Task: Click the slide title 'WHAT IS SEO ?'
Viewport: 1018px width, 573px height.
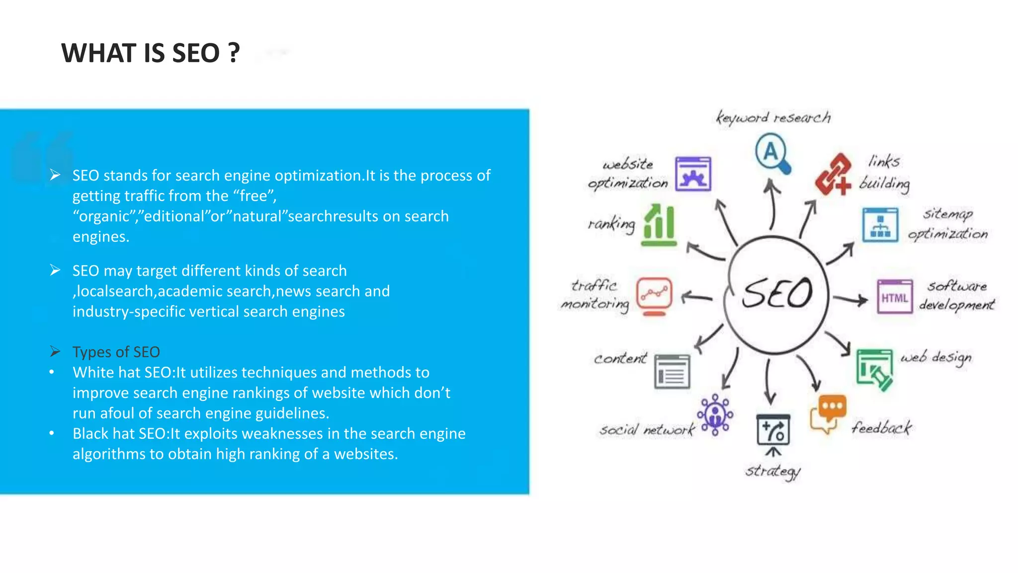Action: point(150,53)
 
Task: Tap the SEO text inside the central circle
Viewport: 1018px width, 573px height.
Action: point(777,293)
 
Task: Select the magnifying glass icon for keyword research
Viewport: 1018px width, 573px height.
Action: point(772,153)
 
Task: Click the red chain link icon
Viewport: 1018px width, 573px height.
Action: point(833,175)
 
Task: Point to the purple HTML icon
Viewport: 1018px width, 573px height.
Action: point(895,297)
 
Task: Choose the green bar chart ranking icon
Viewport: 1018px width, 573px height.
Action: point(659,226)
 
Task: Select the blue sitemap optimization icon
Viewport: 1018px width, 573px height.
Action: point(880,225)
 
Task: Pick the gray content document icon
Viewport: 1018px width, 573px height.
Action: point(672,372)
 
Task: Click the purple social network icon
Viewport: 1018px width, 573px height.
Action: point(715,415)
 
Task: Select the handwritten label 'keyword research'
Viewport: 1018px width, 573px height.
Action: point(773,118)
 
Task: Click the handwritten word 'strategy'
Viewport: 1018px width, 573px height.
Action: point(773,471)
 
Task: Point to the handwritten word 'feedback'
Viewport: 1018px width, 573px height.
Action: point(882,428)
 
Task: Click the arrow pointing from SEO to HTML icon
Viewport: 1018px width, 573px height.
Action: point(850,299)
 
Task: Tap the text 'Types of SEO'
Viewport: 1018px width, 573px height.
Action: point(116,352)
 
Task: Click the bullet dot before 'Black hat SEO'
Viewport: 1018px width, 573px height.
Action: point(52,433)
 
